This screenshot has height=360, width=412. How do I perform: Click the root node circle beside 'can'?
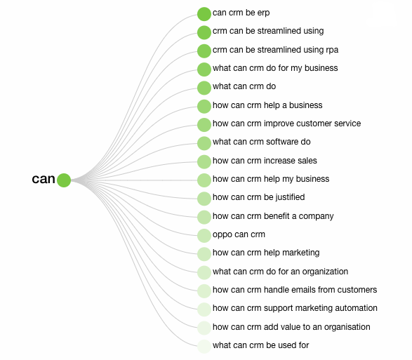click(64, 180)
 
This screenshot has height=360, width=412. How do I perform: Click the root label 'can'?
click(44, 179)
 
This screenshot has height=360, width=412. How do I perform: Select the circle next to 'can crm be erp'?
click(204, 14)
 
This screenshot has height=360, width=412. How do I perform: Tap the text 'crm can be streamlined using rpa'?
click(275, 50)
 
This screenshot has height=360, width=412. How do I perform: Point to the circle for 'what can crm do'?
click(204, 88)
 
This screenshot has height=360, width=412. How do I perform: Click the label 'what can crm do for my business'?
click(275, 68)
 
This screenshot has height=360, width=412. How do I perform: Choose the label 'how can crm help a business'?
click(267, 105)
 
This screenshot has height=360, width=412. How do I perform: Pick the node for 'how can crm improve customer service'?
click(204, 125)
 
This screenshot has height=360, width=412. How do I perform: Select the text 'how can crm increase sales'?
click(265, 161)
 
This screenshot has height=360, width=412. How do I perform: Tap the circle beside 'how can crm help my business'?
click(204, 180)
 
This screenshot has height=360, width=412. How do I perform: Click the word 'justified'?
click(290, 197)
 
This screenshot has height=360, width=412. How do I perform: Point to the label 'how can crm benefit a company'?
click(273, 216)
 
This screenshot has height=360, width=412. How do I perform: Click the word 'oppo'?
click(220, 234)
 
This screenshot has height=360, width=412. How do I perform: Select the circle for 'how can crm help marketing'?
click(204, 254)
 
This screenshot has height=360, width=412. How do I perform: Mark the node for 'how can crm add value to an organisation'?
click(204, 328)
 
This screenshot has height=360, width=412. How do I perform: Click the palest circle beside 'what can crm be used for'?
click(204, 347)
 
